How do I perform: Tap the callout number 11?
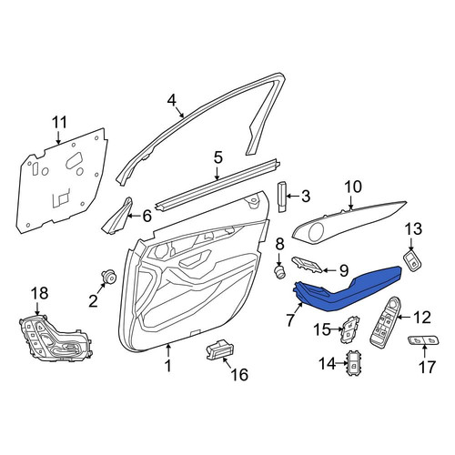point(59,123)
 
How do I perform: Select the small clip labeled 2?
point(109,276)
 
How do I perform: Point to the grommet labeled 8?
point(279,270)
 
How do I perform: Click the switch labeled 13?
point(412,259)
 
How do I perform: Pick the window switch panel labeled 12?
point(384,321)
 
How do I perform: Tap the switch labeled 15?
point(349,329)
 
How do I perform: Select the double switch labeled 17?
point(424,340)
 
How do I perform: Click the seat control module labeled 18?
point(55,339)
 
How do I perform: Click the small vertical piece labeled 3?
point(282,197)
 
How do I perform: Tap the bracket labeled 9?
point(307,264)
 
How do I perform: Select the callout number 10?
point(353,187)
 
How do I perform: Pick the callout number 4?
point(172,100)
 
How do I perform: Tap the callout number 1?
point(168,366)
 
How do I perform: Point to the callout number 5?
point(217,158)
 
